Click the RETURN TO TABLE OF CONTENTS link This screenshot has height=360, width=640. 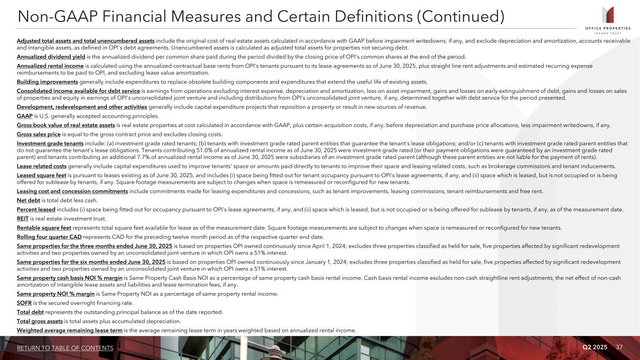click(65, 348)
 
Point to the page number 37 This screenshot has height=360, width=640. click(620, 347)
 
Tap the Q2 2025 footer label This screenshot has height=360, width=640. click(595, 347)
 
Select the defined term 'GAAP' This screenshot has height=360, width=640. click(24, 116)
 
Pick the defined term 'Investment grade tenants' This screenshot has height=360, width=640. click(50, 143)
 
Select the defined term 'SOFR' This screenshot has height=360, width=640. click(24, 303)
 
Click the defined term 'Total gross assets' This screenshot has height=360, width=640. click(39, 321)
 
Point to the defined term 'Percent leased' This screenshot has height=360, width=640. click(36, 210)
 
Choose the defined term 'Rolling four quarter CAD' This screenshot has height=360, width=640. click(49, 236)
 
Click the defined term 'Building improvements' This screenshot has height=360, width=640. click(47, 82)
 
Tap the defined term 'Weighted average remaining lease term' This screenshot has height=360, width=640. click(69, 330)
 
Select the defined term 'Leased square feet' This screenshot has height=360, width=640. click(42, 175)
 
